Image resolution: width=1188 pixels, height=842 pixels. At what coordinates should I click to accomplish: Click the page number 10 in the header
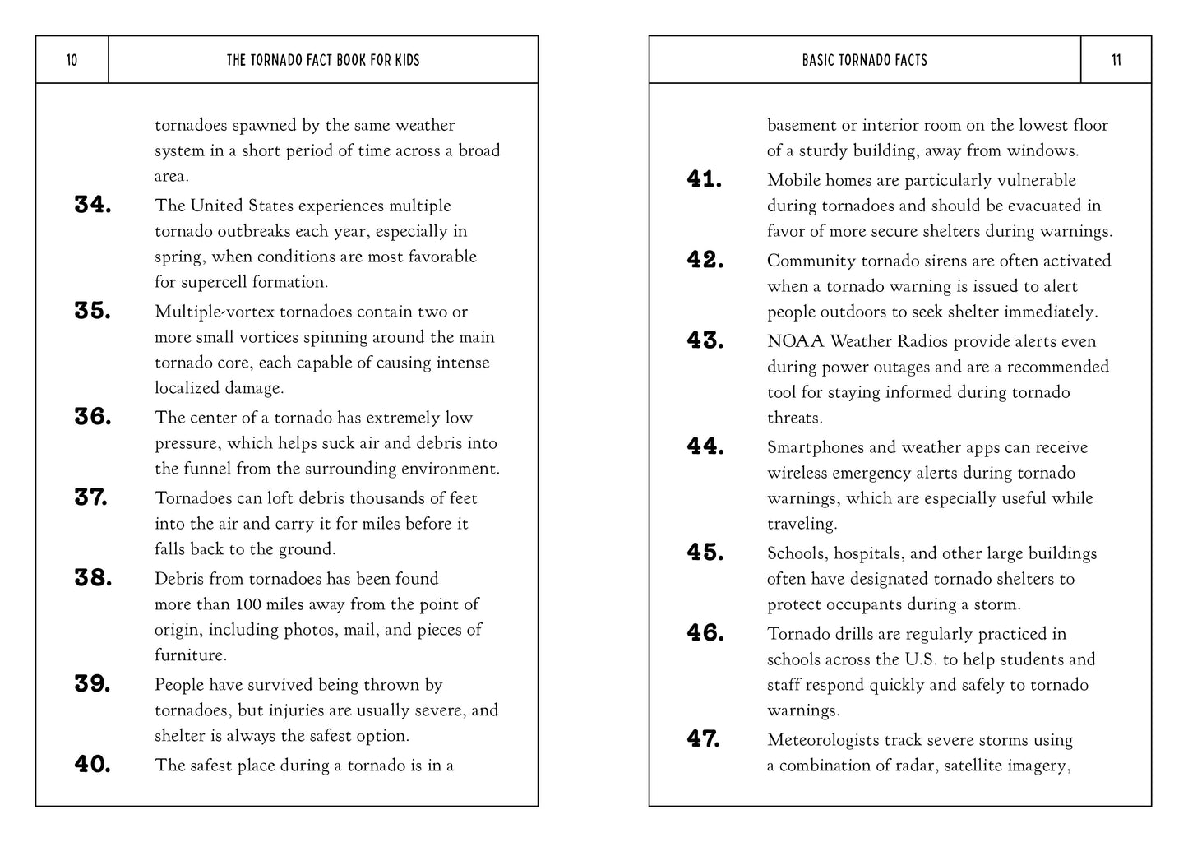coord(72,60)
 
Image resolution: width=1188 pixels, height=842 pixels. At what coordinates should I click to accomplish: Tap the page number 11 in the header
coord(1116,60)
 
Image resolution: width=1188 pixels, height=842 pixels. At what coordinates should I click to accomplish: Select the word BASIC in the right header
coord(820,60)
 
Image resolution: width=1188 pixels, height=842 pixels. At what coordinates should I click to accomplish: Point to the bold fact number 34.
coord(93,205)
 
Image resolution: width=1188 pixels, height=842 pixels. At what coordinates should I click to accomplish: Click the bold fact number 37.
coord(91,497)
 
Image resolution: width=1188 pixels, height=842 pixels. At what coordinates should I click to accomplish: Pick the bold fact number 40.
coord(93,765)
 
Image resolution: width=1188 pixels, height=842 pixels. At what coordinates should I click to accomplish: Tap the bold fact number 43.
coord(705,340)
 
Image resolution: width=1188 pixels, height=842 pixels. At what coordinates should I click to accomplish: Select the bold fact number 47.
coord(704,739)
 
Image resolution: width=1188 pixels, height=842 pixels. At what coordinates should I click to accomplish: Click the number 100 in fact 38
coord(248,604)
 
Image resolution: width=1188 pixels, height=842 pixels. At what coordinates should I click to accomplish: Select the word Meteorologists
coord(823,740)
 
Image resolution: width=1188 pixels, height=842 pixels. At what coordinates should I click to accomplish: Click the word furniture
coord(190,655)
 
